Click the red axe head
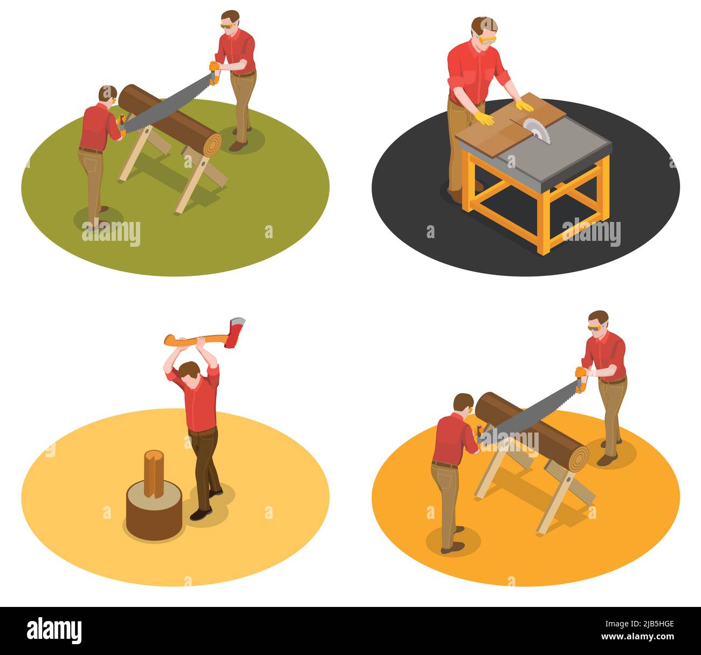[x=237, y=332]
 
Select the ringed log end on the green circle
[x=210, y=144]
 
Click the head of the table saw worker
[x=484, y=31]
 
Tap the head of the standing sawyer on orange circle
[x=597, y=322]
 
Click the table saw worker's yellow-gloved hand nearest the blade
[x=524, y=105]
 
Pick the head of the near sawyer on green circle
[x=107, y=95]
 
